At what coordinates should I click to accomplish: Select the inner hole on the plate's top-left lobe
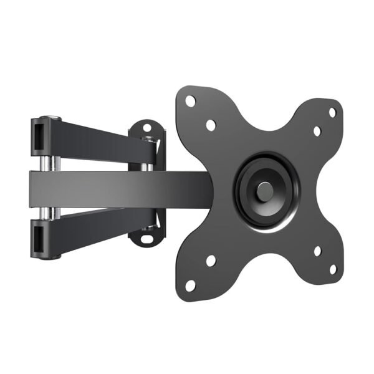[211, 125]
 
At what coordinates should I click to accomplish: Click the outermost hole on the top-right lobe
[332, 112]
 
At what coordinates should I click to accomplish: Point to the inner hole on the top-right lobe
[317, 132]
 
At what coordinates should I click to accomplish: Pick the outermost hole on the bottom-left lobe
[191, 285]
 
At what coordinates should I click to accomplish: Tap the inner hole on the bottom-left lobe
[211, 260]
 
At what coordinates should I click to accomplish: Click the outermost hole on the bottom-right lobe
[332, 269]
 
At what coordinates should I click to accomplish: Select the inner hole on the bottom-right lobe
[317, 251]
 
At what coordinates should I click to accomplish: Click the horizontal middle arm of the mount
[118, 187]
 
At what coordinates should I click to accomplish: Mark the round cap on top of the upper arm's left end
[47, 117]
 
